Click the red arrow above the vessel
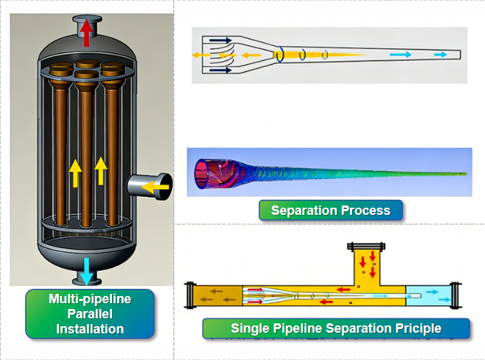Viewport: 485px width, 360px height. click(x=86, y=33)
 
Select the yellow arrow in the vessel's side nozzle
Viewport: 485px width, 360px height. click(x=160, y=188)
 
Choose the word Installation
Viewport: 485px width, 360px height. click(x=90, y=328)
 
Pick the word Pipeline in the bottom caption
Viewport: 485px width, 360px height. click(x=297, y=329)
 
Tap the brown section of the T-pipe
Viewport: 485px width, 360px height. click(x=219, y=294)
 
